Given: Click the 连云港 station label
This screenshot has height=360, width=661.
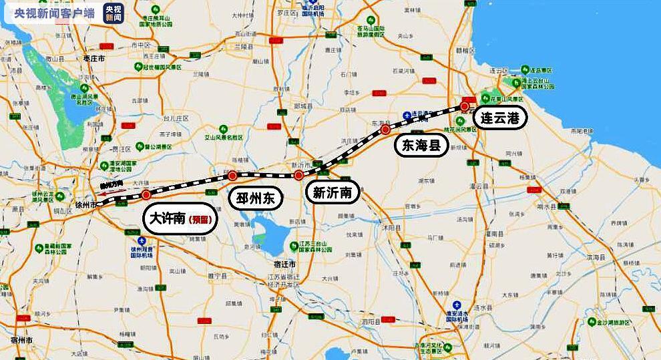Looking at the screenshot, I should point(500,118).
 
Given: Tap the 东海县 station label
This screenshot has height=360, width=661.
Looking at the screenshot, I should point(421,146).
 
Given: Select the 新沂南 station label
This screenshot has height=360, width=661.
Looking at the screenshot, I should point(333,194).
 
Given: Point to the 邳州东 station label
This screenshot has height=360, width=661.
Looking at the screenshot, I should point(256,198).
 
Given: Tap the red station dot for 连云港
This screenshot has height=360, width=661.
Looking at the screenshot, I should point(465,106).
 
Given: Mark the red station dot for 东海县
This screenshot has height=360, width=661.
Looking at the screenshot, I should point(385,130).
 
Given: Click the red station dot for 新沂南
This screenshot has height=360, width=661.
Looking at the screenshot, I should point(298,176).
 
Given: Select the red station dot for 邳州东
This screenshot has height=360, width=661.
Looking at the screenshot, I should point(232,176).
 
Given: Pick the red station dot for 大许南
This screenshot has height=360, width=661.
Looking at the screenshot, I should point(146,195).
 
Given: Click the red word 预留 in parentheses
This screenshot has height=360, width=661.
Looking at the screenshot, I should point(199,220).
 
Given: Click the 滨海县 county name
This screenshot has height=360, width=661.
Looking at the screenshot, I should point(594,257).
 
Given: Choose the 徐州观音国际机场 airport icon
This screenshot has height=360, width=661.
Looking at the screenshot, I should point(141,240).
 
